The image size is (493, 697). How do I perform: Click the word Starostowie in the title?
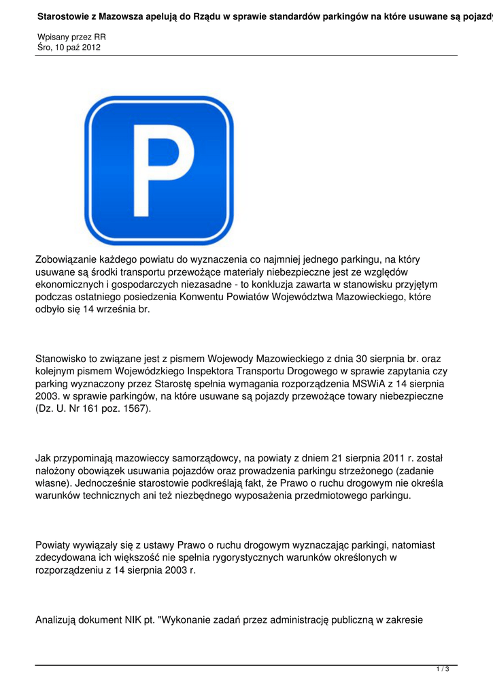pos(65,14)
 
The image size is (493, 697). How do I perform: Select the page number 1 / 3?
pos(443,670)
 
